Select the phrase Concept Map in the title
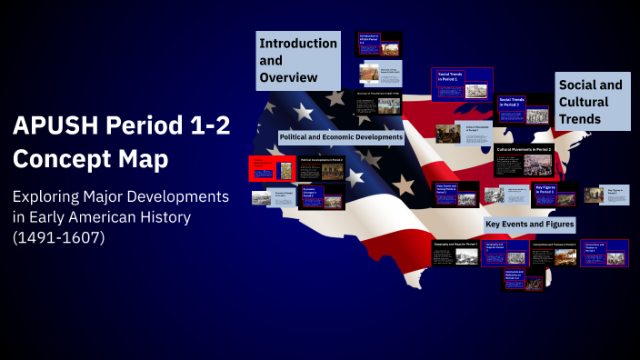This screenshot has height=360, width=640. (91, 159)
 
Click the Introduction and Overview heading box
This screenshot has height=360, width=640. (298, 60)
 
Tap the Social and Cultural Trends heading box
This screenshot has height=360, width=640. (593, 101)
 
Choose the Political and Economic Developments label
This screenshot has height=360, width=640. (342, 137)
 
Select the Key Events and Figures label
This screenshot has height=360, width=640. (530, 223)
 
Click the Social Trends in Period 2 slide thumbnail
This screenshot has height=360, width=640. (523, 109)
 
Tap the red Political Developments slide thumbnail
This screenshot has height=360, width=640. (272, 168)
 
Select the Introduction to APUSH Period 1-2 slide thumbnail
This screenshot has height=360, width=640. (378, 45)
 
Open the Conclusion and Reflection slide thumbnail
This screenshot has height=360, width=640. (522, 280)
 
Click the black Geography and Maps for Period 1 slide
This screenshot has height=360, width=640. (455, 253)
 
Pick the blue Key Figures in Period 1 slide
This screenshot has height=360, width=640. (555, 195)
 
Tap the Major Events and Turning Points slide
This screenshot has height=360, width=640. (455, 195)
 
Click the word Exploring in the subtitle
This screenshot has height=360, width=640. (50, 197)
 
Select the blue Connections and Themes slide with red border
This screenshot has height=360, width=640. (604, 252)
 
